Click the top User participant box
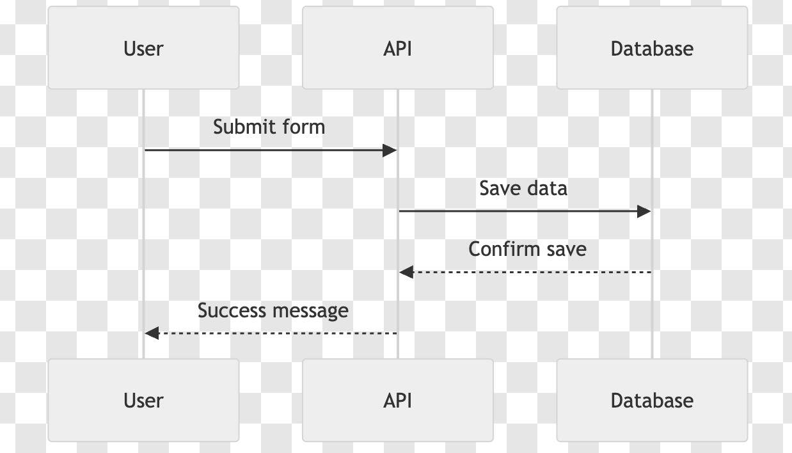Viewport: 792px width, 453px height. [x=143, y=48]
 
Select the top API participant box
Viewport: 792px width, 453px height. [x=398, y=48]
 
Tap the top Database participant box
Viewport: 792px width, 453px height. [x=652, y=48]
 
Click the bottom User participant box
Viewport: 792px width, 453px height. [x=143, y=401]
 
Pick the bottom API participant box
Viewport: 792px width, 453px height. [x=398, y=401]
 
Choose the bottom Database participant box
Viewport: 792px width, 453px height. [x=652, y=401]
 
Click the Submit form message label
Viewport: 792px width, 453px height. [x=269, y=127]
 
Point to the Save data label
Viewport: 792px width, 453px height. [x=523, y=188]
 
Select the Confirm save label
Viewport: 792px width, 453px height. [x=528, y=249]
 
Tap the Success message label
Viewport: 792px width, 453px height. [x=273, y=311]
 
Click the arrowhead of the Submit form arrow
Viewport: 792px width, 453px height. [x=390, y=150]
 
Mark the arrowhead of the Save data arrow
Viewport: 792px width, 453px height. [x=644, y=212]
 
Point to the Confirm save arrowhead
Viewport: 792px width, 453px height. [x=406, y=273]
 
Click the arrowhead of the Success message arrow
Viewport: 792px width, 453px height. [x=152, y=333]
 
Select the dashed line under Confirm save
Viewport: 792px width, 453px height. [x=525, y=273]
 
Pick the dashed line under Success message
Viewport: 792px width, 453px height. [x=271, y=333]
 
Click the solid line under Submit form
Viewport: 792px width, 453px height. [x=271, y=150]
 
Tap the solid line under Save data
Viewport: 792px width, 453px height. [x=525, y=212]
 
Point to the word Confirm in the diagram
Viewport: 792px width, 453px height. [x=505, y=249]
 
